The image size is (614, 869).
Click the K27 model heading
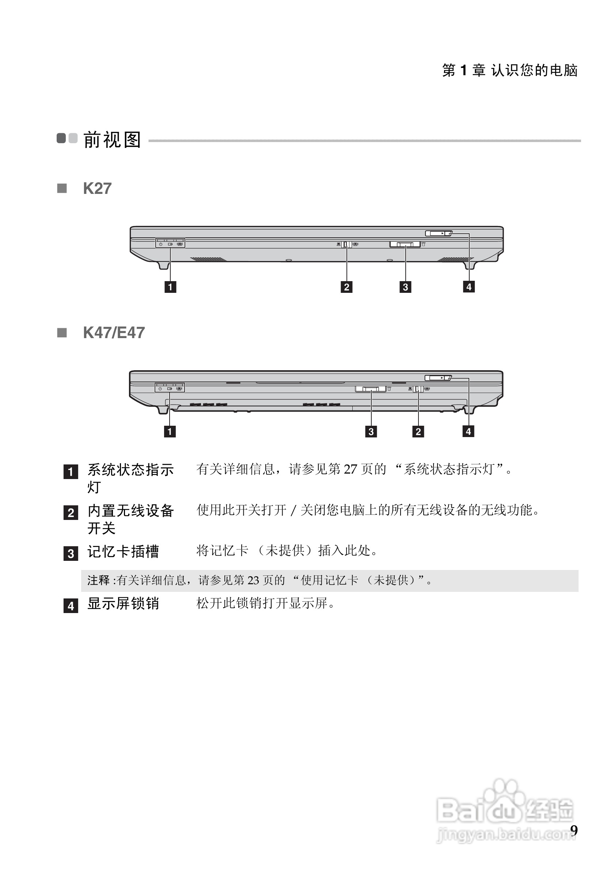pyautogui.click(x=97, y=188)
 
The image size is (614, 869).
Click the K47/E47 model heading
pyautogui.click(x=114, y=333)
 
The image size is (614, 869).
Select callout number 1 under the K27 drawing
pyautogui.click(x=170, y=287)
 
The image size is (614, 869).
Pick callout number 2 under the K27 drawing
pyautogui.click(x=346, y=287)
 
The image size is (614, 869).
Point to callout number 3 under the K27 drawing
pyautogui.click(x=405, y=287)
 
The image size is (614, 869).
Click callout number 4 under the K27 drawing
pyautogui.click(x=469, y=287)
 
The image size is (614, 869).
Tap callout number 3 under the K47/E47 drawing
pyautogui.click(x=371, y=431)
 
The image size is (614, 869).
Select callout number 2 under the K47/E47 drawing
pyautogui.click(x=418, y=431)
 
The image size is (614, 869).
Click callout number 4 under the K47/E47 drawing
pyautogui.click(x=469, y=431)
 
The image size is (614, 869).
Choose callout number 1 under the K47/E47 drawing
pyautogui.click(x=170, y=431)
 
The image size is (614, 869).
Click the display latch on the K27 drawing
pyautogui.click(x=438, y=234)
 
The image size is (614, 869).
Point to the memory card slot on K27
pyautogui.click(x=405, y=245)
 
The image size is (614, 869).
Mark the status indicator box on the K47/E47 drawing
pyautogui.click(x=170, y=388)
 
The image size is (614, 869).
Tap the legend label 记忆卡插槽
pyautogui.click(x=123, y=551)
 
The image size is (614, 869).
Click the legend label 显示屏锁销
pyautogui.click(x=123, y=603)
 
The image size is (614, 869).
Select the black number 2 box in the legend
pyautogui.click(x=71, y=513)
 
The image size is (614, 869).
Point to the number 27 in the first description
pyautogui.click(x=350, y=469)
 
